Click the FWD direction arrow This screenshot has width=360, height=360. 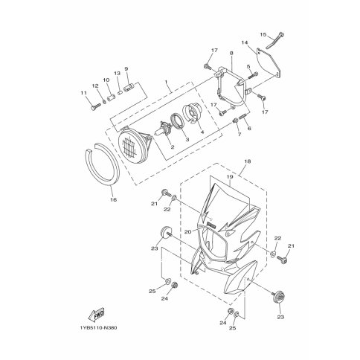click(97, 315)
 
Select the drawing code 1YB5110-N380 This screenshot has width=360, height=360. click(99, 328)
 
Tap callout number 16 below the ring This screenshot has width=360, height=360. click(114, 199)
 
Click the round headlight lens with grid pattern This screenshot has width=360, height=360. click(132, 146)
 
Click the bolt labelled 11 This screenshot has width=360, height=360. click(95, 107)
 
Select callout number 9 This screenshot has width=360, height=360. click(126, 68)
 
